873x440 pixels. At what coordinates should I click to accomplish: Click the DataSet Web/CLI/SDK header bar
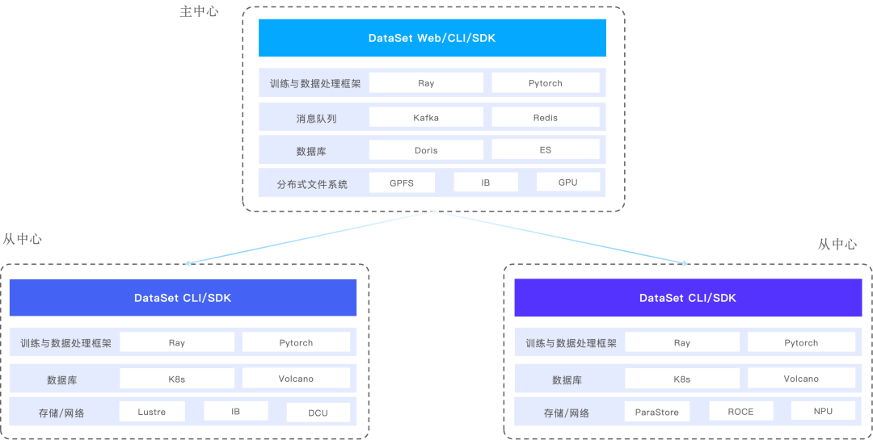pyautogui.click(x=432, y=38)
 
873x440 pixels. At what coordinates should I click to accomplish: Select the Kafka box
pyautogui.click(x=426, y=117)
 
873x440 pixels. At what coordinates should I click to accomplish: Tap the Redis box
pyautogui.click(x=546, y=117)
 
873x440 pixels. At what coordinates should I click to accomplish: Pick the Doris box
pyautogui.click(x=426, y=150)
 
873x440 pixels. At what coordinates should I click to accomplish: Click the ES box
pyautogui.click(x=546, y=150)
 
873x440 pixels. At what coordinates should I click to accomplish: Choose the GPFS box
pyautogui.click(x=402, y=182)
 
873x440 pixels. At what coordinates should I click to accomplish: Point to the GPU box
pyautogui.click(x=568, y=182)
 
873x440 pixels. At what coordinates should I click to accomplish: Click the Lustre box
pyautogui.click(x=152, y=412)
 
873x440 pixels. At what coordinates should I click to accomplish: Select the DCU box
pyautogui.click(x=318, y=413)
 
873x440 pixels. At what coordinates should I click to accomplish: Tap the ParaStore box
pyautogui.click(x=657, y=412)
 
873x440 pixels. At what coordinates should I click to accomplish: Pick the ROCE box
pyautogui.click(x=740, y=412)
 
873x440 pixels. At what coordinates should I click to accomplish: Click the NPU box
pyautogui.click(x=823, y=412)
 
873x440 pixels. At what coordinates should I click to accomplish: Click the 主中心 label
pyautogui.click(x=199, y=12)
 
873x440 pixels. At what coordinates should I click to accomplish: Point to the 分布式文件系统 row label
pyautogui.click(x=312, y=183)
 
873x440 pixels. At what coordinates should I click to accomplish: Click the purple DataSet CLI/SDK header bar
pyautogui.click(x=688, y=298)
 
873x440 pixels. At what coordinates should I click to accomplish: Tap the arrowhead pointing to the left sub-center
pyautogui.click(x=188, y=262)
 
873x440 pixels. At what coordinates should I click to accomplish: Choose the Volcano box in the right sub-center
pyautogui.click(x=801, y=379)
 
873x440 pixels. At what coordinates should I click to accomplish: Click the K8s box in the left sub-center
pyautogui.click(x=177, y=379)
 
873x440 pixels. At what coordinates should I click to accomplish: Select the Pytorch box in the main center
pyautogui.click(x=546, y=83)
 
